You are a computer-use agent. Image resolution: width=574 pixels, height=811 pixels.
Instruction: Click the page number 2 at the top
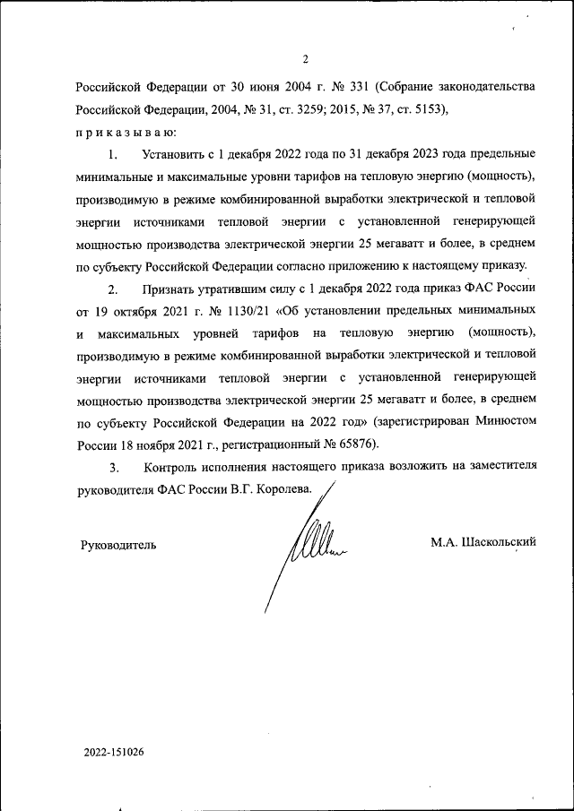tap(305, 60)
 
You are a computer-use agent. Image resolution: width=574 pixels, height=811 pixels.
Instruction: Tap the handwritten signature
tap(309, 543)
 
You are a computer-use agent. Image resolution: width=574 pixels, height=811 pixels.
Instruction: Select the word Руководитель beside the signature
tap(118, 544)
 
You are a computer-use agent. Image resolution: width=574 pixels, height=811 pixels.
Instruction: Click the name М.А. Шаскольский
tap(483, 542)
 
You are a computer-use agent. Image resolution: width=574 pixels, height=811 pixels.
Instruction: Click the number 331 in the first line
tap(352, 89)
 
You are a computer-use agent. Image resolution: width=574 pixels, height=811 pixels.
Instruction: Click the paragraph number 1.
tap(113, 155)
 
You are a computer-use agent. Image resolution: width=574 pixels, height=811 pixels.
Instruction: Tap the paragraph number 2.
tap(113, 289)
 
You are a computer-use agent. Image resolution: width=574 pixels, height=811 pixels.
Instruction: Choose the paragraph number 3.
tap(113, 468)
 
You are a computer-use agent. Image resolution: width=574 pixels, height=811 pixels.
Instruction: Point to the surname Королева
tap(279, 490)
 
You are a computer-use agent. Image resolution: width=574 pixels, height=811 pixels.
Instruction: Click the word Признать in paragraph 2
tap(168, 289)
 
